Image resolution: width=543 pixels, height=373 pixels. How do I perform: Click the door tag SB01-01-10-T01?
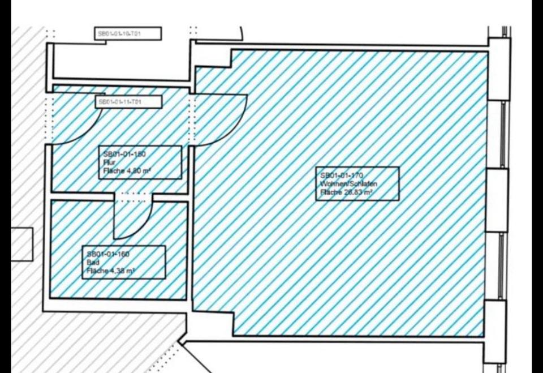point(128,34)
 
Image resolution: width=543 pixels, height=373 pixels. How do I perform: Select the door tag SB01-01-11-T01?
point(128,102)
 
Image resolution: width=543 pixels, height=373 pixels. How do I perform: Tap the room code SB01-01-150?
point(124,154)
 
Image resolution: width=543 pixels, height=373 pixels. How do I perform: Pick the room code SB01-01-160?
point(108,254)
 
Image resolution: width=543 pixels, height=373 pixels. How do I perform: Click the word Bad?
point(92,263)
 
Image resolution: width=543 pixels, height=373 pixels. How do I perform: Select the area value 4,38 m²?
point(118,271)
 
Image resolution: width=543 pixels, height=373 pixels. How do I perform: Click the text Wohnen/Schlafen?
point(348,184)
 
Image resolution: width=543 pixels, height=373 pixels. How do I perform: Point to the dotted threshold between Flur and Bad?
point(134,197)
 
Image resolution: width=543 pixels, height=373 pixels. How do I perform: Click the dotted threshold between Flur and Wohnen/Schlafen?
point(192,119)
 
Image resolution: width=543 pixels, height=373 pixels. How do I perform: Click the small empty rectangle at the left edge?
point(21,244)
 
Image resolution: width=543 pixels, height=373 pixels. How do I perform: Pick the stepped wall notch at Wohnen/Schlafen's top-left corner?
point(214,58)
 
